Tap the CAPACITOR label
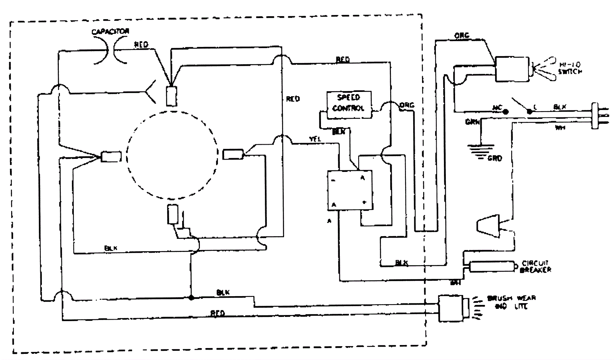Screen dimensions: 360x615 (x=110, y=32)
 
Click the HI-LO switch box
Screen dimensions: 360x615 (x=512, y=69)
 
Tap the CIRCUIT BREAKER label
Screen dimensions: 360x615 (x=535, y=267)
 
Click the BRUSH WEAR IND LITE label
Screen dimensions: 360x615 (x=512, y=302)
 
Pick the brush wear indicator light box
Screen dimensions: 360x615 (x=454, y=308)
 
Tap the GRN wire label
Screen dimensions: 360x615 (x=472, y=122)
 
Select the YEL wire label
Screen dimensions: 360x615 (x=315, y=139)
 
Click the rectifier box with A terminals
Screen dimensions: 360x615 (x=350, y=190)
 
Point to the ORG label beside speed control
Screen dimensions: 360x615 (x=407, y=105)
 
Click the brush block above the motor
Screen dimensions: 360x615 (x=171, y=96)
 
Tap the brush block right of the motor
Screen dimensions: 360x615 (x=233, y=154)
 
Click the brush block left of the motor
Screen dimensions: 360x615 (x=111, y=157)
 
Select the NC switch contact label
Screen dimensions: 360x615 (x=497, y=107)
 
